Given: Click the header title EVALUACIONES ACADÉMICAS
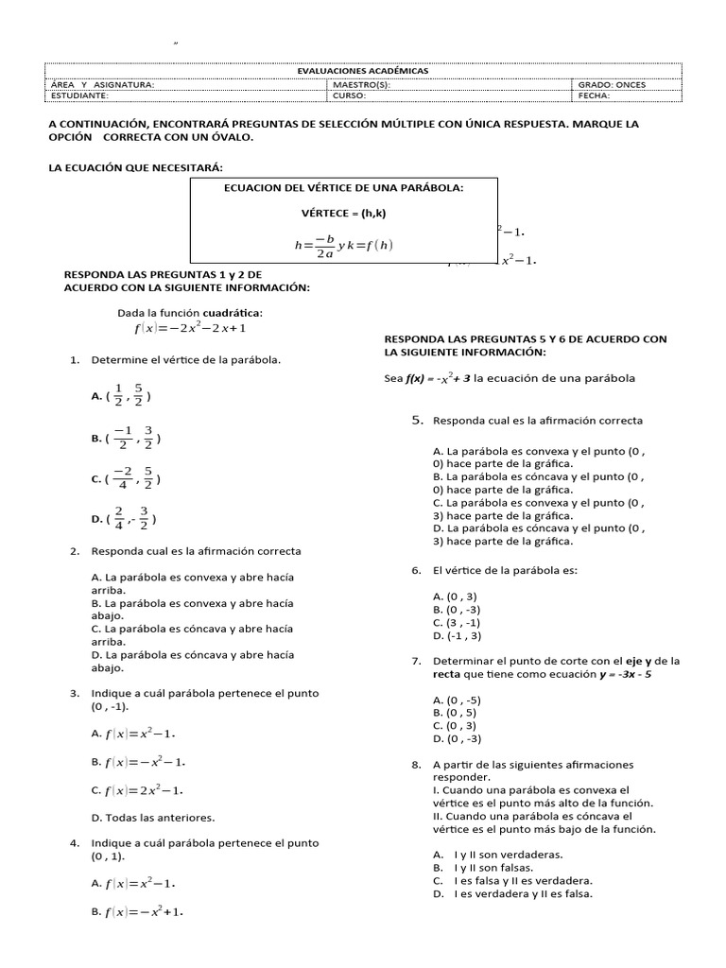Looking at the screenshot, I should click(x=363, y=71).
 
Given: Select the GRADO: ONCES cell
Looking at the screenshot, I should click(x=612, y=84).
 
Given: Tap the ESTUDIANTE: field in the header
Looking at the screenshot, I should click(x=79, y=95).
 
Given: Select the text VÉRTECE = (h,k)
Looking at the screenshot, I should click(x=344, y=213).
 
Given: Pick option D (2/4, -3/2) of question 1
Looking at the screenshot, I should click(x=124, y=519).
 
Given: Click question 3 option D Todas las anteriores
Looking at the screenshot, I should click(x=152, y=817).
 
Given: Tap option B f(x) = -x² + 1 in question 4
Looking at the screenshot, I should click(x=137, y=912).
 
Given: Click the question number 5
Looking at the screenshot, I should click(x=417, y=419).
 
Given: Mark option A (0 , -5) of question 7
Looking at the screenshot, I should click(x=458, y=700).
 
